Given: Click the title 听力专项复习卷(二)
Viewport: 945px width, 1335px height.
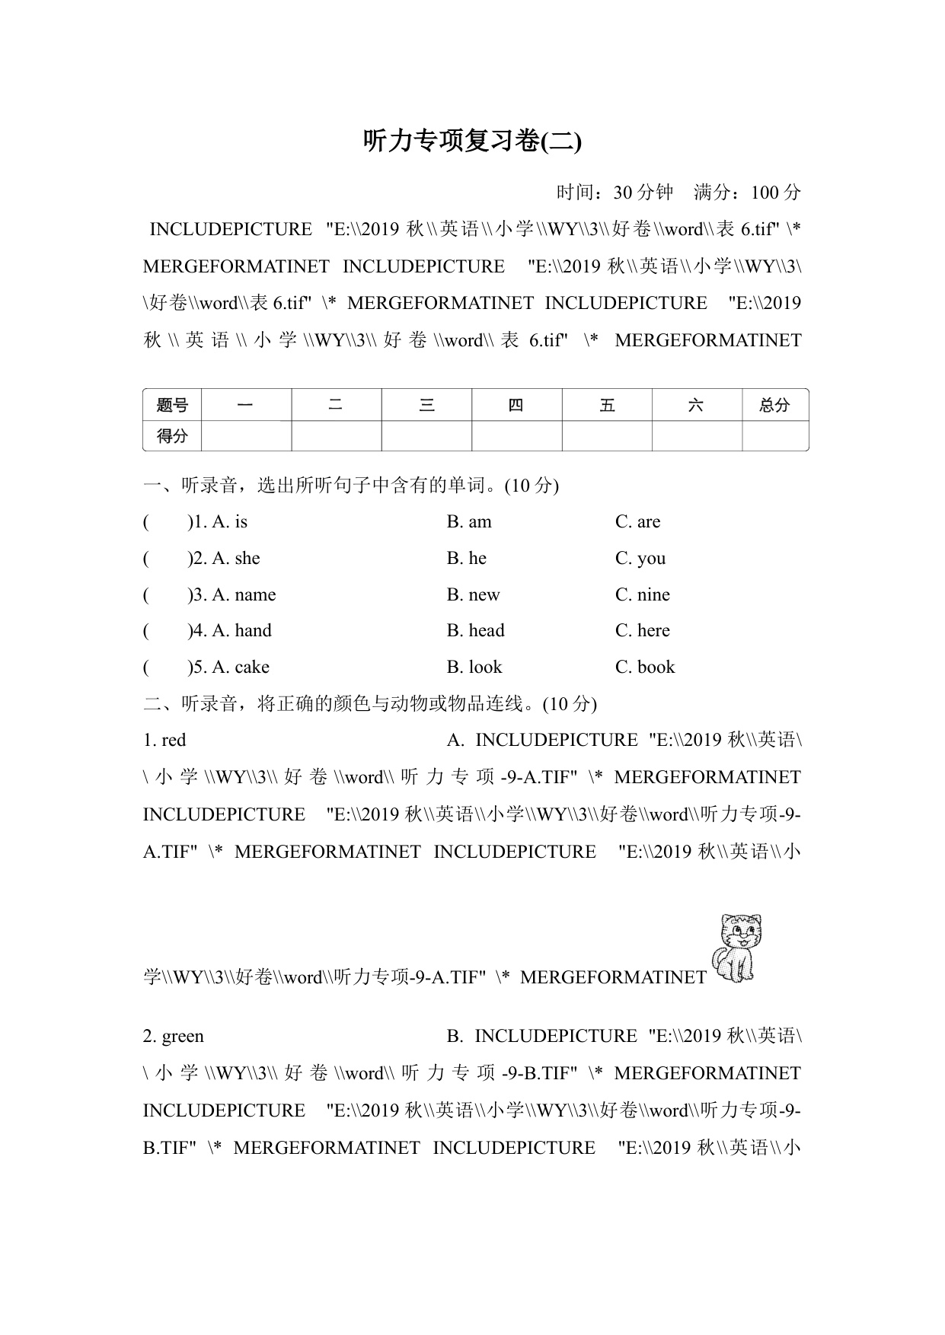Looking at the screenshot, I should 472,142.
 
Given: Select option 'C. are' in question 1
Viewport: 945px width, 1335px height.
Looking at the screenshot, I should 637,522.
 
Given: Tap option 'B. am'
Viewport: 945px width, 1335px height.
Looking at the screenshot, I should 469,522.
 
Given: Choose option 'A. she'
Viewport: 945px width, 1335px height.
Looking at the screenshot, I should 236,559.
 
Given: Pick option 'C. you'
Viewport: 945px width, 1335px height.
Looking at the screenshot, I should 640,559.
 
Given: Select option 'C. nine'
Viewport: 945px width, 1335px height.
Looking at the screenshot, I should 643,595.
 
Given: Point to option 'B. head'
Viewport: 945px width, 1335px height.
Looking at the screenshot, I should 475,631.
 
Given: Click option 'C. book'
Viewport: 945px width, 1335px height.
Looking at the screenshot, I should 645,667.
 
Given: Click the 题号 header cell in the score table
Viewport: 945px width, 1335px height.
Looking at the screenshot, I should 172,405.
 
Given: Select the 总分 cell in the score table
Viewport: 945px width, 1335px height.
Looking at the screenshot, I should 774,405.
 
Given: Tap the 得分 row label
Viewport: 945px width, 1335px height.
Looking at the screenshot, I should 172,436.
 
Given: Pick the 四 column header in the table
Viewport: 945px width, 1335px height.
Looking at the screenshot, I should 516,405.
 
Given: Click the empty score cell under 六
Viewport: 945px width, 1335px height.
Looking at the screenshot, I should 696,436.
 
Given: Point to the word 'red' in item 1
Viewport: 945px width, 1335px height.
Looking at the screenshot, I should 174,741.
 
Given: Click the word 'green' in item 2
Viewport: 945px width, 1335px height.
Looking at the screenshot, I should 183,1037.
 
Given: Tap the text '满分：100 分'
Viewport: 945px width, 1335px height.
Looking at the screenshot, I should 747,193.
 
